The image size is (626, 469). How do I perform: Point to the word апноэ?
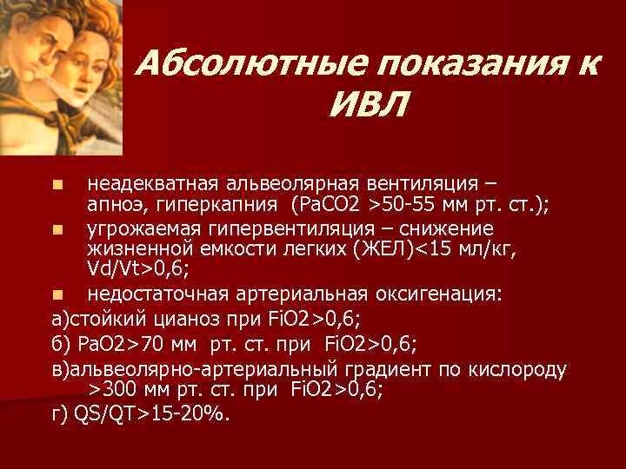(111, 204)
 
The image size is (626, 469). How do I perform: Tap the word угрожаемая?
(143, 228)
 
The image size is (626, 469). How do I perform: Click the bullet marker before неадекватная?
(57, 185)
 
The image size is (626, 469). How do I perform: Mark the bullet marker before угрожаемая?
(57, 229)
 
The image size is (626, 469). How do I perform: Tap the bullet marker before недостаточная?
(57, 294)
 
